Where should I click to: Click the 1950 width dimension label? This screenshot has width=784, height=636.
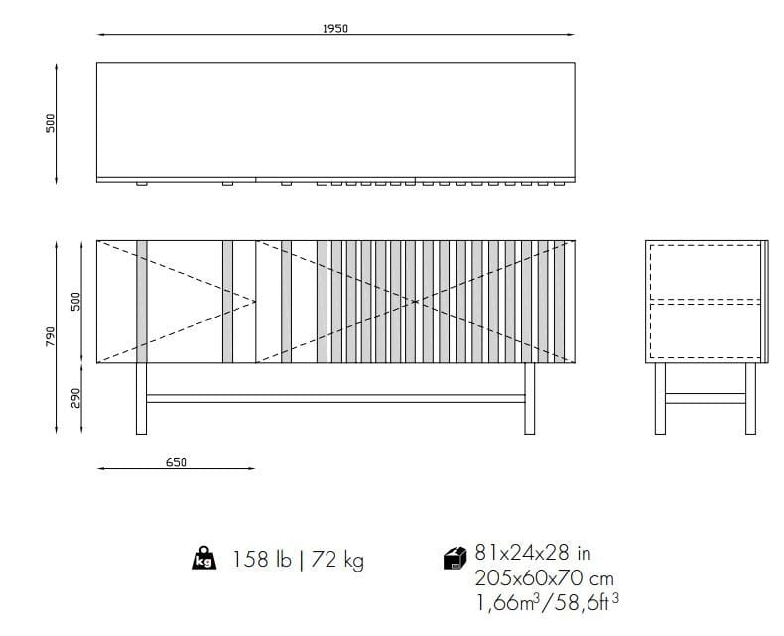tap(334, 29)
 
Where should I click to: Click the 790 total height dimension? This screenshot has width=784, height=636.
tap(50, 337)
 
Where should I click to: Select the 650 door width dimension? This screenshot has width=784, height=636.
tap(176, 462)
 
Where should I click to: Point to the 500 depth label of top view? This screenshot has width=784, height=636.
tap(50, 122)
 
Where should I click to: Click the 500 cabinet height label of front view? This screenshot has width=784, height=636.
tap(76, 301)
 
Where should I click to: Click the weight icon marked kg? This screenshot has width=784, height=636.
tap(202, 560)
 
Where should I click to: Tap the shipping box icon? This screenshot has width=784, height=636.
tap(455, 561)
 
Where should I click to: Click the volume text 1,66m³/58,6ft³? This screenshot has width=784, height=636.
tap(547, 601)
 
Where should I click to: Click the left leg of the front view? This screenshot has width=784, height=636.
tap(141, 398)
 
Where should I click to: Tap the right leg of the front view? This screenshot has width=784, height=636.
tap(529, 398)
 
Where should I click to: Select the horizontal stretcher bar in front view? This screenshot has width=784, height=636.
tap(334, 398)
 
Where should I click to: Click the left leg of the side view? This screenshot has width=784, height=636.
tap(660, 398)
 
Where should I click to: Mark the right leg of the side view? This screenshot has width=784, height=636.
tap(750, 398)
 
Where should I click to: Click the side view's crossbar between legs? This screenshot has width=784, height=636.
tap(705, 398)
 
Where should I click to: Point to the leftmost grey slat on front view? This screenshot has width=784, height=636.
tap(142, 301)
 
